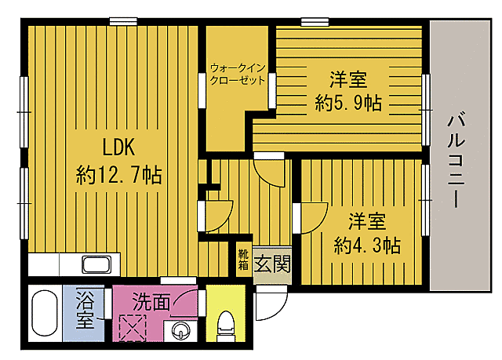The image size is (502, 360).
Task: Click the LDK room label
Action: pos(118,147)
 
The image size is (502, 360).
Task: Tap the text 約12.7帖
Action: pos(119,174)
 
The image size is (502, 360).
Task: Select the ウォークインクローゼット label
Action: pos(237,73)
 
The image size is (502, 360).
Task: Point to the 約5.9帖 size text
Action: pos(349,104)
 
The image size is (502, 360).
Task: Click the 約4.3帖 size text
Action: pos(367,245)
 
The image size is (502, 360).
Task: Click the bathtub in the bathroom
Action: pos(45,315)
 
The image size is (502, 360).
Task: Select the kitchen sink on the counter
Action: pos(96,264)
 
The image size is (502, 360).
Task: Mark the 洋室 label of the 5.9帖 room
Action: pos(349,78)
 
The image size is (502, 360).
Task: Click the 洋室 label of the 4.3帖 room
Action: pos(367,220)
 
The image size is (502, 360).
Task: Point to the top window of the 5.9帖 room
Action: pos(314,22)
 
